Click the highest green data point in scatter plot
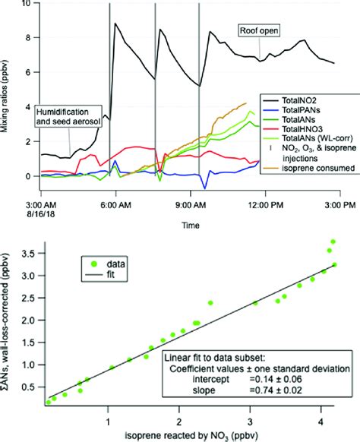click(x=333, y=242)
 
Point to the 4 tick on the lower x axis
click(x=320, y=420)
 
